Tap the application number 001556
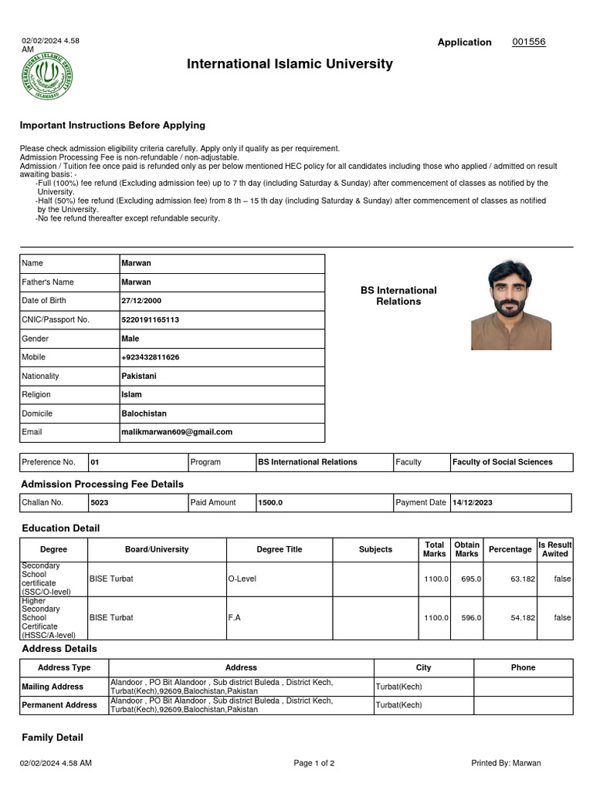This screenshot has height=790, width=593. coord(529,42)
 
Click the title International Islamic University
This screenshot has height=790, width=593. coord(290,64)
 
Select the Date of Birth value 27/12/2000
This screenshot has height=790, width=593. coord(141,301)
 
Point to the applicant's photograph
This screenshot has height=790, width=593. coord(511,305)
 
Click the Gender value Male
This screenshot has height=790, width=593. coord(130,339)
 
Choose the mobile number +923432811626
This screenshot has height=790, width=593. coord(151,357)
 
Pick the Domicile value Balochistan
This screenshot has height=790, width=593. coord(144,414)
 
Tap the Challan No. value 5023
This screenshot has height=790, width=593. coord(100,503)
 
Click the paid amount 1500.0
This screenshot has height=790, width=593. coord(270,503)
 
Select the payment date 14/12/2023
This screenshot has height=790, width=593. coord(473,503)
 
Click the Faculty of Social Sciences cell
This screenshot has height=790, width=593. coord(503,462)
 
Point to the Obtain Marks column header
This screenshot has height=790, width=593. coord(466,549)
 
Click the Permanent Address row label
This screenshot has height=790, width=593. coord(59,705)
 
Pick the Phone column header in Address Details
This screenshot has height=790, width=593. coord(523,667)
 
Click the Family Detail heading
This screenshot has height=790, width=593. coord(53,738)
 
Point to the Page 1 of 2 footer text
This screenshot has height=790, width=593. coord(314,764)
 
